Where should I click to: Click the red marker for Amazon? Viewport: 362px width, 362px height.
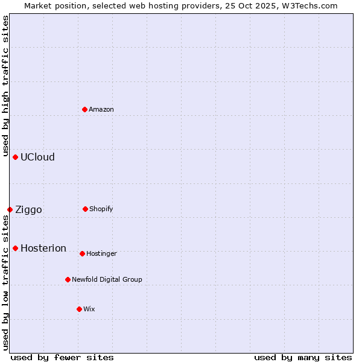(x=85, y=109)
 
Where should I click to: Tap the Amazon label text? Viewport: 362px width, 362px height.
(x=101, y=109)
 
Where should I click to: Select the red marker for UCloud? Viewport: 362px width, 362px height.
(x=16, y=157)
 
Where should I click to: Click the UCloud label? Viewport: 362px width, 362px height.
(x=37, y=157)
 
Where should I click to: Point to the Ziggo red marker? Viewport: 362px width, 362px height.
(x=10, y=209)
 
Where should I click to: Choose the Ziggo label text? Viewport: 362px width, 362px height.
(x=28, y=210)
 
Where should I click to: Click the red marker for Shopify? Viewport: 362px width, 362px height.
(x=85, y=209)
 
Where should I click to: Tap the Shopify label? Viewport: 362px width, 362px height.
(x=101, y=209)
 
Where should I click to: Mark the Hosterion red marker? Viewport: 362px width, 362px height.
(x=16, y=248)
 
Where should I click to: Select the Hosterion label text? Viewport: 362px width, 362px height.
(x=43, y=249)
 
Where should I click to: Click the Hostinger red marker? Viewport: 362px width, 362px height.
(x=82, y=253)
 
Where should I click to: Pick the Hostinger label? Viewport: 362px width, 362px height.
(x=101, y=253)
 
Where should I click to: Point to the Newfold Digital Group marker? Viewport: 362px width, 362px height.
(x=68, y=279)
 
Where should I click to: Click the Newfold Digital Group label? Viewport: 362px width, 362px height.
(x=107, y=279)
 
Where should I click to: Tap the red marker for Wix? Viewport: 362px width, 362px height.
(x=79, y=309)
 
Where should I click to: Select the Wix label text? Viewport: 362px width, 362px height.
(x=89, y=309)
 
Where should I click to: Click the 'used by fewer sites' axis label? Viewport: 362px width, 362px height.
(x=62, y=357)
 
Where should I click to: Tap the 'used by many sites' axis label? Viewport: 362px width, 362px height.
(x=303, y=357)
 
